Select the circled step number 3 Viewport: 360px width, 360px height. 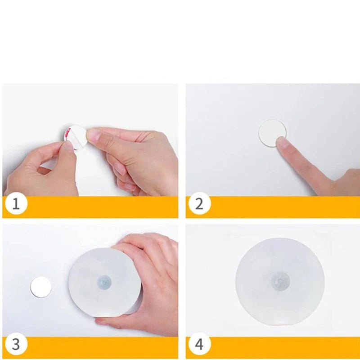(x=16, y=345)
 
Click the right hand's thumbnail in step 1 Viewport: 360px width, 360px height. (x=94, y=135)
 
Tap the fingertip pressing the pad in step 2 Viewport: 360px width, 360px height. (x=283, y=143)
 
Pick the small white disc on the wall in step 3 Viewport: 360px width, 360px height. (x=41, y=287)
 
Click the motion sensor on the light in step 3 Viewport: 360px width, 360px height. (x=104, y=283)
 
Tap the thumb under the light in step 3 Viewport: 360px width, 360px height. (x=108, y=321)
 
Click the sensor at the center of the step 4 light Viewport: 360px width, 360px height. (x=279, y=281)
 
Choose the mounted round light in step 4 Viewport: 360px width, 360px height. (x=279, y=281)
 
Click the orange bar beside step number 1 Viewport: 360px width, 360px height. (x=103, y=207)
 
